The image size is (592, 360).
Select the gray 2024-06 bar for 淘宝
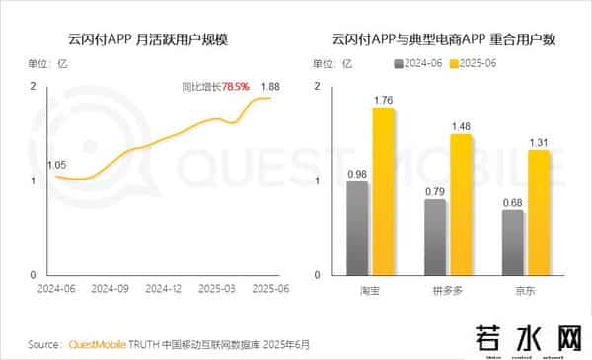[x=357, y=228]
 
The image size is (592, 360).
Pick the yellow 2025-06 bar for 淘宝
[x=383, y=191]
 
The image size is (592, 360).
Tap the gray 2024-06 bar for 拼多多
[x=435, y=237]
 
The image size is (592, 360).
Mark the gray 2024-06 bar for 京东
[x=513, y=242]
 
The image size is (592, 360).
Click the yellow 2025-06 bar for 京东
[x=539, y=212]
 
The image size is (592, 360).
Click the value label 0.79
[x=435, y=190]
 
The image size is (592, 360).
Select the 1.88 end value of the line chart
[x=270, y=86]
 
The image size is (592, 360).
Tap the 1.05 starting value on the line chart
[x=57, y=165]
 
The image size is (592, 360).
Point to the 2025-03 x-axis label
[x=215, y=290]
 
